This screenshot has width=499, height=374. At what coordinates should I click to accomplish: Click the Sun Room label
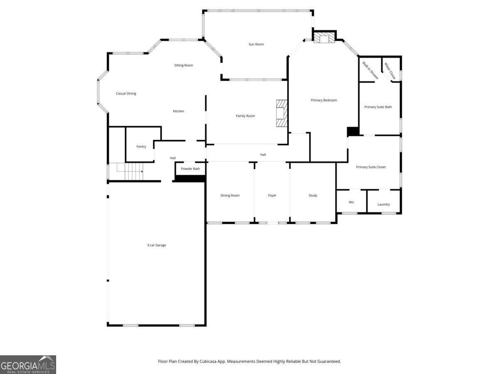click(256, 44)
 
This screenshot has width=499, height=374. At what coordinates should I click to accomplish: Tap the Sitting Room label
click(183, 65)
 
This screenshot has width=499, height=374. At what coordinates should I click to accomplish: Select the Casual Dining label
click(126, 93)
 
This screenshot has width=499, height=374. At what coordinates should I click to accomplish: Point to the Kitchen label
click(178, 111)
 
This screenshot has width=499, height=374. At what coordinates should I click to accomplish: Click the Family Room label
click(245, 116)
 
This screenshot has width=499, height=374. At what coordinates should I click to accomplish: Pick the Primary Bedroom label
click(324, 100)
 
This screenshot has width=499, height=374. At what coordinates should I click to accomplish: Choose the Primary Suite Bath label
click(378, 107)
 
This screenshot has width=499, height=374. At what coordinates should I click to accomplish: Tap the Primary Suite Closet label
click(371, 167)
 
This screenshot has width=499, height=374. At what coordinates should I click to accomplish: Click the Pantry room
click(141, 146)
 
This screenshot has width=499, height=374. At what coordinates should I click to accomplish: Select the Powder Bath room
click(190, 169)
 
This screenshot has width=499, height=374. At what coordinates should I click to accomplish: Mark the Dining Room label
click(230, 195)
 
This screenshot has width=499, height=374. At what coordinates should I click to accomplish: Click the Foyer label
click(272, 195)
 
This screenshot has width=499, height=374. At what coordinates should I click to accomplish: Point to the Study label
click(313, 195)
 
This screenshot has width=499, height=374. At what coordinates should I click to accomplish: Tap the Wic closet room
click(351, 202)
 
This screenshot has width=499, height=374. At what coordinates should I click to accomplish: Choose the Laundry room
click(383, 204)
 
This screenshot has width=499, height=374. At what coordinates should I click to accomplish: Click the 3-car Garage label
click(156, 245)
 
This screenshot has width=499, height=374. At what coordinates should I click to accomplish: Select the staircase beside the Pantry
click(129, 171)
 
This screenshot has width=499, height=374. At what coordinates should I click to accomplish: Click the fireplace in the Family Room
click(282, 113)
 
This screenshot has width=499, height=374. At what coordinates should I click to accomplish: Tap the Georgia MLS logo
click(28, 364)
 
